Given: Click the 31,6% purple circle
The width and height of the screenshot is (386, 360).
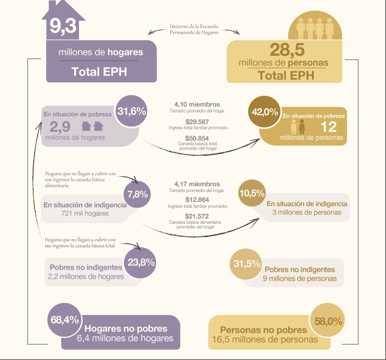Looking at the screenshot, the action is coord(132,111).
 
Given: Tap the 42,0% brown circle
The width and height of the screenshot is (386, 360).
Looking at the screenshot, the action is coord(265,112).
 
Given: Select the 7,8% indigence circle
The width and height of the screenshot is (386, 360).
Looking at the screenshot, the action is coord(137,194).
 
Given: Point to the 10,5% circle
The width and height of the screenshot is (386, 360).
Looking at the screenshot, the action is coord(252,193).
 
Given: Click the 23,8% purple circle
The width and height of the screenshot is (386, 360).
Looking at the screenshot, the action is coord(140,262).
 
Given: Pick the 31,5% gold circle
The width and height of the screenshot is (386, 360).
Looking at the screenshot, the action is coord(246,264).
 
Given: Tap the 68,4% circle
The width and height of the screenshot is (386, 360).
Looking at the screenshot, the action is coord(65,320).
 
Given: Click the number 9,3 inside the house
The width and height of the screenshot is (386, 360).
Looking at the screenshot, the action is coord(63,26).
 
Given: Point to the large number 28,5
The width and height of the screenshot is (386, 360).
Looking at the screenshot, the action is coord(287,50).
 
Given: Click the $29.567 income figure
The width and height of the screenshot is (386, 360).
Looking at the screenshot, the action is coord(197,122).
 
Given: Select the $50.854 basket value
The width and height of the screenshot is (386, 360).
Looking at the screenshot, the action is coord(197,138).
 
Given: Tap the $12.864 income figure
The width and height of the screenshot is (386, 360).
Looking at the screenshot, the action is coord(197,199).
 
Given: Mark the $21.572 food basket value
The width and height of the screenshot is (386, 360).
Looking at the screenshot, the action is coord(197,216).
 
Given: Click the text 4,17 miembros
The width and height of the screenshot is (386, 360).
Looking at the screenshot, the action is coord(197,184).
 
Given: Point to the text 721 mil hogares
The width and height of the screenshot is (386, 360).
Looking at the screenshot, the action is coord(85,213).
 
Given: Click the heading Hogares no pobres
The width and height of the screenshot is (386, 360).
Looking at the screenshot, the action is coord(126,329).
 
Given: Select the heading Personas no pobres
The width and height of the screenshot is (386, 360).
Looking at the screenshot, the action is coord(264,330).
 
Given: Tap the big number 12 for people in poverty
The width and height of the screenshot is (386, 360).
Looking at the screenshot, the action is coord(328,127).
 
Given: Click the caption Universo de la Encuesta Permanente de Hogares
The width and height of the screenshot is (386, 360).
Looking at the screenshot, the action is coord(194,29).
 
